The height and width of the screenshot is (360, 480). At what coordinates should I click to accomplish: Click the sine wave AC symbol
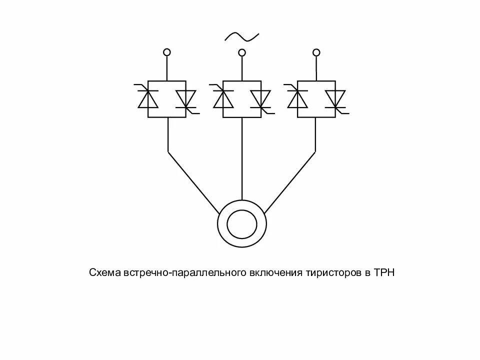click(242, 36)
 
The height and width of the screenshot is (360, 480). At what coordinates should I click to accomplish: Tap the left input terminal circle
click(167, 52)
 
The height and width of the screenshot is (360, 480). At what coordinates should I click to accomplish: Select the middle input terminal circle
click(242, 52)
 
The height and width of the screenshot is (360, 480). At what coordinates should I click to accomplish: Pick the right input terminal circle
click(316, 52)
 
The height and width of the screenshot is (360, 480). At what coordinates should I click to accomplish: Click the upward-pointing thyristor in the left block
click(148, 99)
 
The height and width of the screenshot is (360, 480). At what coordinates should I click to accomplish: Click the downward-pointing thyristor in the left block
click(186, 99)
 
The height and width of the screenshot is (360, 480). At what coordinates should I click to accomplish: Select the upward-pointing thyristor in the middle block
click(223, 99)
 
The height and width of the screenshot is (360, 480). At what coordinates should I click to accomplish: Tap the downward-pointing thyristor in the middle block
click(260, 99)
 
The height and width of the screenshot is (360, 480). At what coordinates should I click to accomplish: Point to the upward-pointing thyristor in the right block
click(297, 99)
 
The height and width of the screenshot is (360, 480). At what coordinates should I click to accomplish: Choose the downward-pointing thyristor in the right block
click(335, 99)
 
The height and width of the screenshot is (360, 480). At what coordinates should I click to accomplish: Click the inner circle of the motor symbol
click(242, 223)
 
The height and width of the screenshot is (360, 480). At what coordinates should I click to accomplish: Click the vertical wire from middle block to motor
click(242, 160)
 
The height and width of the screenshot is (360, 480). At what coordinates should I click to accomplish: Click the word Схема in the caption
click(104, 273)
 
